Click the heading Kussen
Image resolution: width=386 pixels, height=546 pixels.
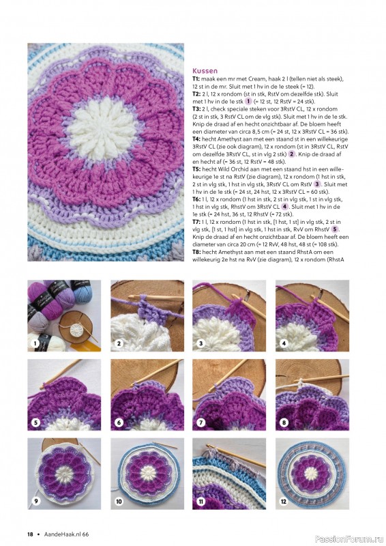205,72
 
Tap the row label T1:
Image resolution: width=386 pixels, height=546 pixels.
196,79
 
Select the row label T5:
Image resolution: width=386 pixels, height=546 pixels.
196,169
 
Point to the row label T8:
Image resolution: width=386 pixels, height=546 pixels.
196,252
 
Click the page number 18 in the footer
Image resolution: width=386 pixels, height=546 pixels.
30,534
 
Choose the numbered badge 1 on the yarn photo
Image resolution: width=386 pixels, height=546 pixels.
35,344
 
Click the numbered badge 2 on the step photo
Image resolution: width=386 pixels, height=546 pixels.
119,344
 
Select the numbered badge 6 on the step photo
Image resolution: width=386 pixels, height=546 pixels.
119,422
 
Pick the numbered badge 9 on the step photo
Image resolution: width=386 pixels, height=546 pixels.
35,502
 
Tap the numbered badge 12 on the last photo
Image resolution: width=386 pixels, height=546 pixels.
284,502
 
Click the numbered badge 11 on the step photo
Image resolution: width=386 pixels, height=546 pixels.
201,502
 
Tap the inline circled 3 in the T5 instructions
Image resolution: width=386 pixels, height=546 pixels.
317,184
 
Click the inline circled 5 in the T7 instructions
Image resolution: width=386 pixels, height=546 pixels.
334,229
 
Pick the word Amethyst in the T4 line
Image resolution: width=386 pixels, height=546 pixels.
227,139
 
